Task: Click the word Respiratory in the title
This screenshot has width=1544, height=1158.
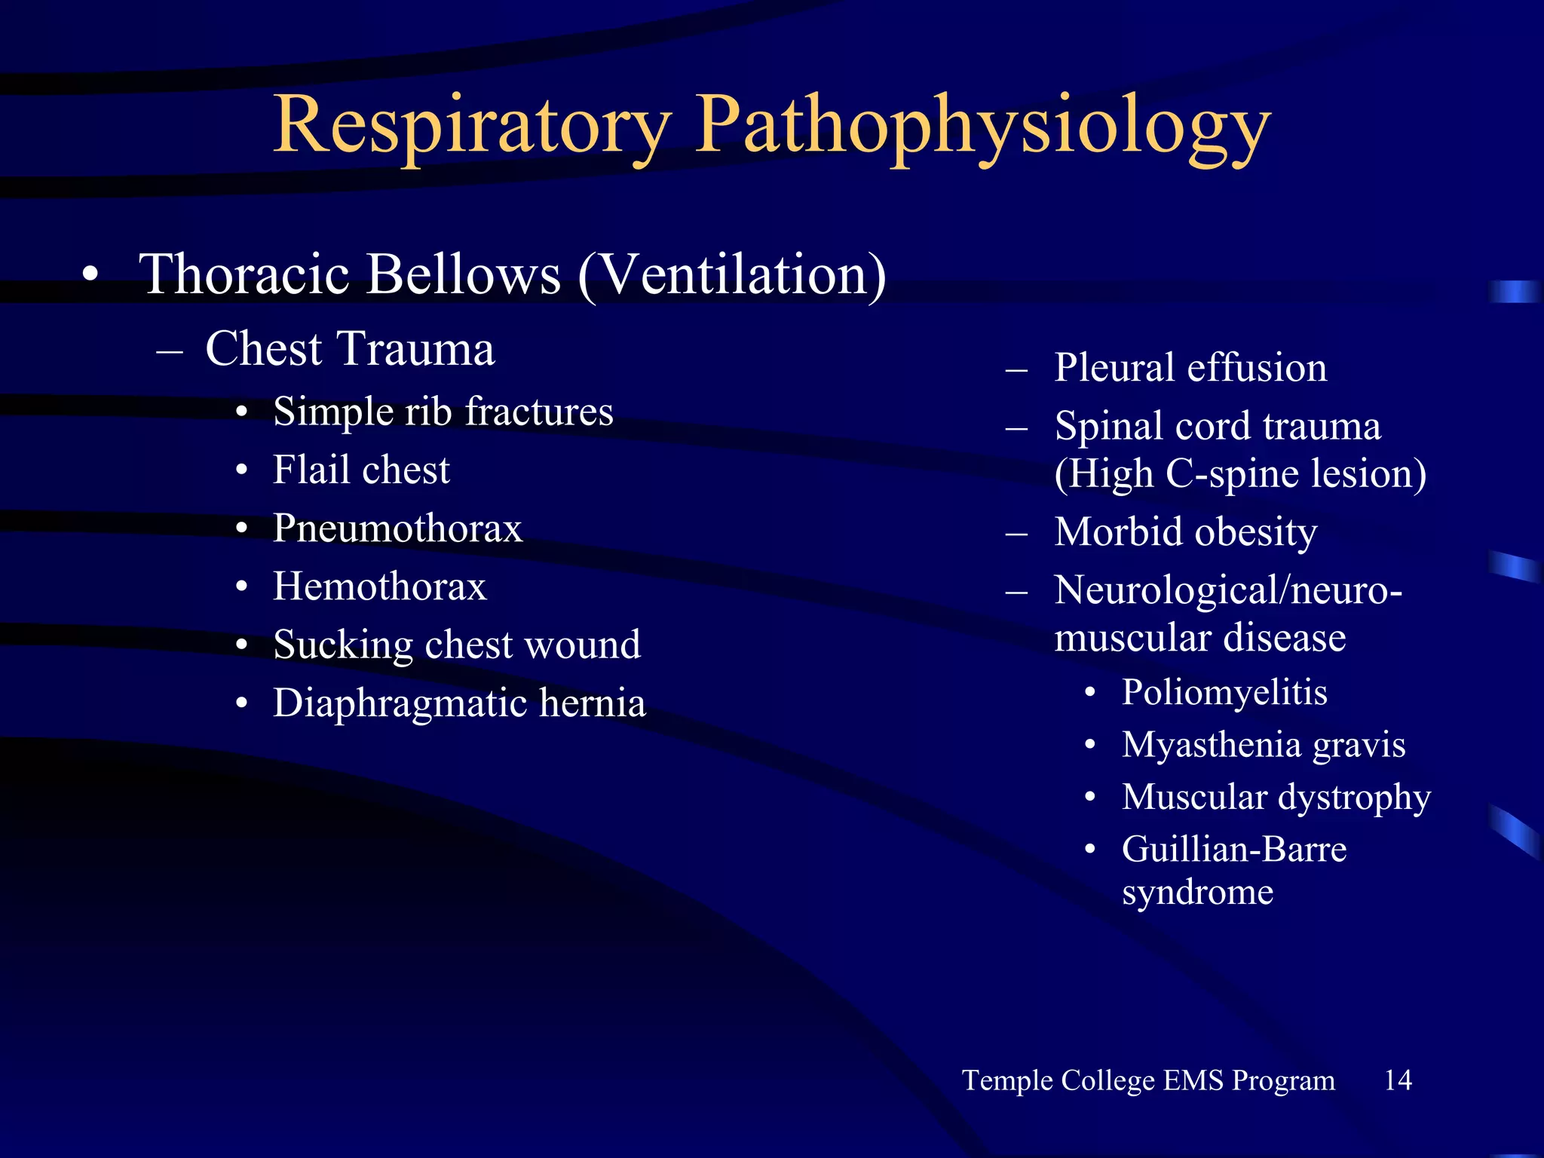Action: click(472, 124)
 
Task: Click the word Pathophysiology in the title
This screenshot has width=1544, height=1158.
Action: click(982, 124)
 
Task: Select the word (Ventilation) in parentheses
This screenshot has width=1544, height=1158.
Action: click(732, 275)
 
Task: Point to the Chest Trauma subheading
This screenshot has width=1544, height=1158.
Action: click(350, 349)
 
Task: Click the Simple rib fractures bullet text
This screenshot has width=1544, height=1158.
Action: click(443, 412)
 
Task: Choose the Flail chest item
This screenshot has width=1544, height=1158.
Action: click(361, 470)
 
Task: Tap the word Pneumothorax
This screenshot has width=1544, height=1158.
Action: click(397, 528)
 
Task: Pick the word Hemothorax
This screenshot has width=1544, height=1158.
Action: click(380, 587)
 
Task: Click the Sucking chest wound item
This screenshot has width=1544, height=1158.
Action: click(457, 645)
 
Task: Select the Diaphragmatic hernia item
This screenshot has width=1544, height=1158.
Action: click(459, 703)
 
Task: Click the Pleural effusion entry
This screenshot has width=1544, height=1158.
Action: click(1190, 368)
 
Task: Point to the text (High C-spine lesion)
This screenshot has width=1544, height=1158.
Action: click(1240, 474)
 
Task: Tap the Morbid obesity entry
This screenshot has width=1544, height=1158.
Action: click(1186, 532)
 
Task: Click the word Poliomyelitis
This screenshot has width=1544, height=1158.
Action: click(1224, 692)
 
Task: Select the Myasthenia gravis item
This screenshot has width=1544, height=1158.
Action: click(1264, 745)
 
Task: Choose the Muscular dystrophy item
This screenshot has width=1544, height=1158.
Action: click(1276, 797)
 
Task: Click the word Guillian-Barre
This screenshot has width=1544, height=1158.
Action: click(1234, 850)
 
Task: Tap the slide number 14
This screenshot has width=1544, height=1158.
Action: click(1398, 1080)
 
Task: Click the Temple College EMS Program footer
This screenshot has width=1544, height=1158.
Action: click(1148, 1080)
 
